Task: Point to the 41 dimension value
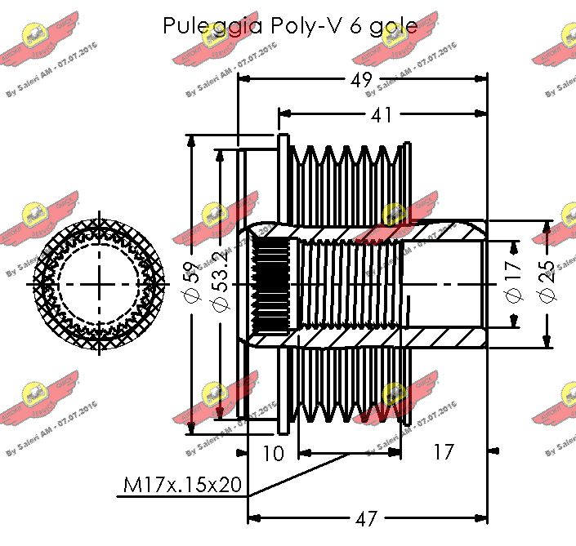pyautogui.click(x=381, y=115)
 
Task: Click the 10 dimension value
pyautogui.click(x=274, y=452)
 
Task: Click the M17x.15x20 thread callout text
pyautogui.click(x=183, y=486)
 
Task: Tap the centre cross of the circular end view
pyautogui.click(x=101, y=283)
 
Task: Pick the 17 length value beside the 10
pyautogui.click(x=442, y=452)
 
